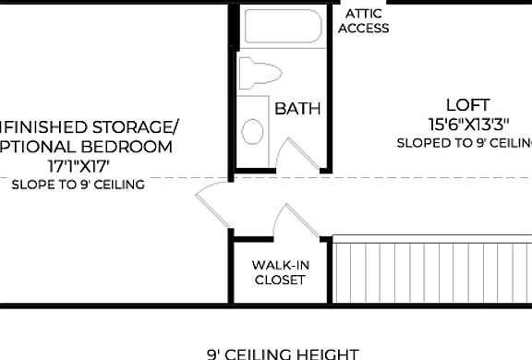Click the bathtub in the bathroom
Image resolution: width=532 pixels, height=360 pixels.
pos(283,27)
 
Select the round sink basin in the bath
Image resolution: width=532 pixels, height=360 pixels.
pos(252,131)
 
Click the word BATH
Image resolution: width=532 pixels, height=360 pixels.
pos(297,109)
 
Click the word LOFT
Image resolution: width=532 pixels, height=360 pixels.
pos(467,105)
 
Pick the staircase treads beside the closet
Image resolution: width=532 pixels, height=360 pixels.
pos(429,270)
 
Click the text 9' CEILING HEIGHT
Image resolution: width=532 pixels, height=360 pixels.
pos(282,353)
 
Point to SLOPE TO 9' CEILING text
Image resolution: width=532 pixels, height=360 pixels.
pos(78,185)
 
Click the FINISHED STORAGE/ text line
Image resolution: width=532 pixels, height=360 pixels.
pos(88,126)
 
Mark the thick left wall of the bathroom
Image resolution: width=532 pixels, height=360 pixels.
pos(231,88)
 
